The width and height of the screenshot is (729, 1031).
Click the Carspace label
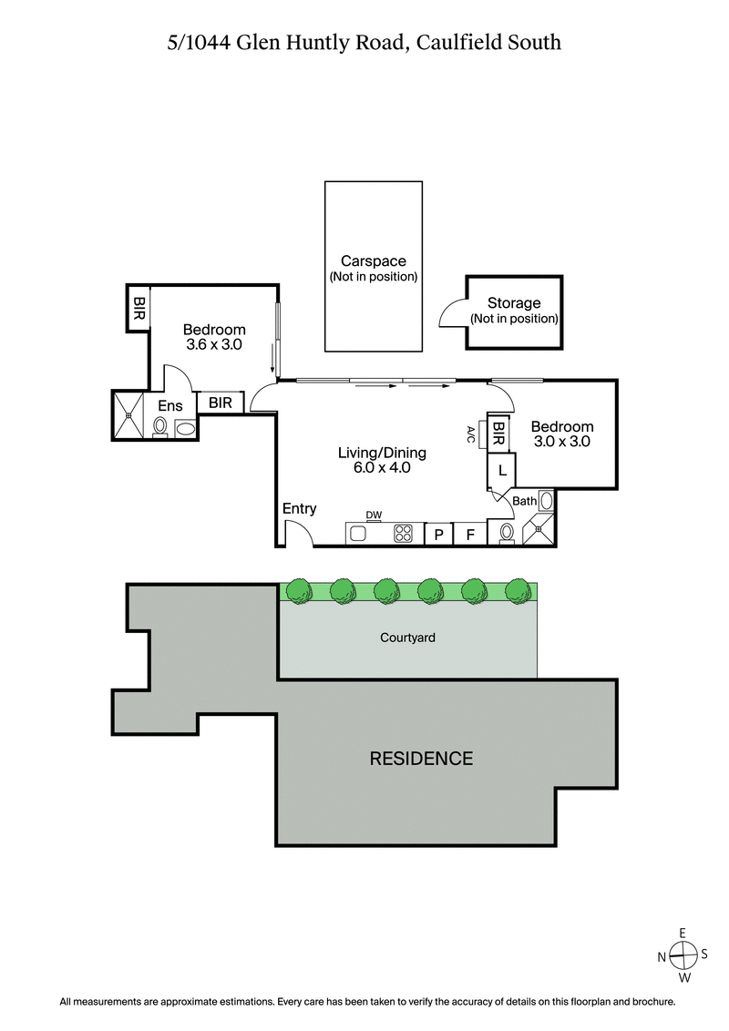point(373,261)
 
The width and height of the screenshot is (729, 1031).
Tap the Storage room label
point(514,303)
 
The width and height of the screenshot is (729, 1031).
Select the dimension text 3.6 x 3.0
point(213,345)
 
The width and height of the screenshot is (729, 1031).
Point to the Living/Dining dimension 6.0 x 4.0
point(382,468)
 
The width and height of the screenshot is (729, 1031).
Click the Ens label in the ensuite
point(170,406)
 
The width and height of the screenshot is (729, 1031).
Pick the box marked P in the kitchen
point(438,535)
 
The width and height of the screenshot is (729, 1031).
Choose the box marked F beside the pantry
point(470,535)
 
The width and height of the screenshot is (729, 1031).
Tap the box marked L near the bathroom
point(502,471)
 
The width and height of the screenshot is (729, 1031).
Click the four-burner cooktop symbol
point(403,535)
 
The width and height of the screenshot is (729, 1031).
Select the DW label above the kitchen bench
point(373,515)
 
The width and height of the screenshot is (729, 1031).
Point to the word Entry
point(299,509)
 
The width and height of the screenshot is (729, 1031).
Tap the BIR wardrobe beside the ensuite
point(219,403)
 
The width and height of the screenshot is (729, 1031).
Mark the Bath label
point(524,501)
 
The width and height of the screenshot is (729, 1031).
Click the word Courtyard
point(407,638)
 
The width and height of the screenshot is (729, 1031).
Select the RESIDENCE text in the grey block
point(420,758)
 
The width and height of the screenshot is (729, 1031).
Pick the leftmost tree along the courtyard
point(298,590)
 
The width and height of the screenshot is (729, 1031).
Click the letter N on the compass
point(662,956)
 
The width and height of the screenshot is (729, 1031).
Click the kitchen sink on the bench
point(358,535)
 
